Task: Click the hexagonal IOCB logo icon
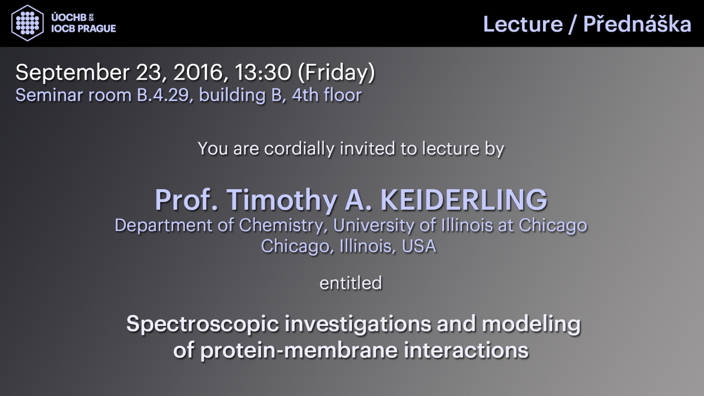(27, 23)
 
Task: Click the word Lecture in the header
(523, 24)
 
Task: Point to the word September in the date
(73, 73)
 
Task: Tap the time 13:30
(263, 72)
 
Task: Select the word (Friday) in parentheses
(336, 73)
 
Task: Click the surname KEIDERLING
(464, 200)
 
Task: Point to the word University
(374, 226)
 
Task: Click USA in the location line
(419, 246)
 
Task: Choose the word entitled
(351, 283)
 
